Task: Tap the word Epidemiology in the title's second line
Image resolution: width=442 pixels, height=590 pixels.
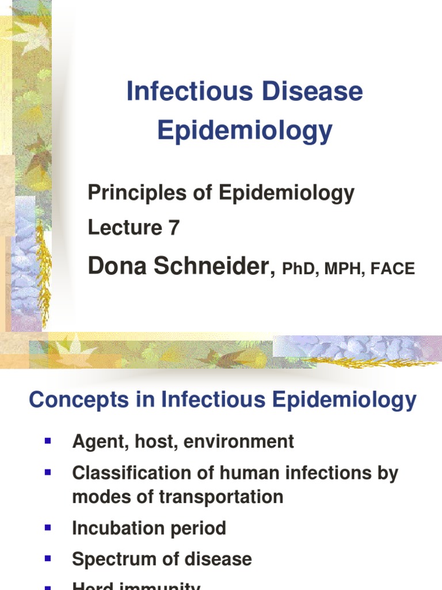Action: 245,131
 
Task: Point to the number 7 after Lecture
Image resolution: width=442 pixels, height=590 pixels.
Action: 174,228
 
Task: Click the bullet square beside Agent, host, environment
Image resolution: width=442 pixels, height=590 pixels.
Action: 48,441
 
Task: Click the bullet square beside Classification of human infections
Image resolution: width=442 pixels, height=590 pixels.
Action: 48,472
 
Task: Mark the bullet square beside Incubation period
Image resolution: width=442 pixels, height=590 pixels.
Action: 48,527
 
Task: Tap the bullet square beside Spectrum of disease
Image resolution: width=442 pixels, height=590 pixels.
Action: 48,558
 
